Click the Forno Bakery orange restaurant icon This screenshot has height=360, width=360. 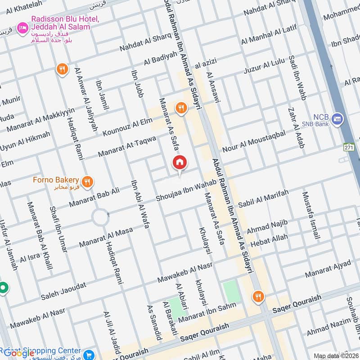click(88, 182)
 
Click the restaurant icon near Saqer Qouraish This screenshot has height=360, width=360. click(258, 297)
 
